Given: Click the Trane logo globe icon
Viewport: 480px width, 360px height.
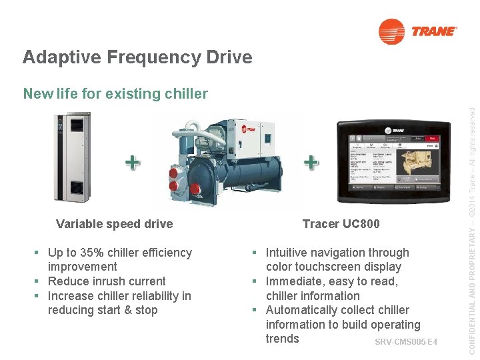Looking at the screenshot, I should pyautogui.click(x=391, y=31).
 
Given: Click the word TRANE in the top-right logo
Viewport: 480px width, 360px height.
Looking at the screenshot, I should pyautogui.click(x=435, y=31).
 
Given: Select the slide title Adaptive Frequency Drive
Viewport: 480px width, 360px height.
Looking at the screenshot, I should pyautogui.click(x=137, y=57).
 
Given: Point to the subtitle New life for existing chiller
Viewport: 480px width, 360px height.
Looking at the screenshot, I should pyautogui.click(x=115, y=94).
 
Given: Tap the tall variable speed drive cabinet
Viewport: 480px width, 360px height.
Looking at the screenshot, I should pyautogui.click(x=72, y=157).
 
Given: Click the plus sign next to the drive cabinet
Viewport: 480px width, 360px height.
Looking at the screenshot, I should pyautogui.click(x=133, y=162).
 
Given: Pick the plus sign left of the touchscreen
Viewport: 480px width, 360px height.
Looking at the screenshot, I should pyautogui.click(x=310, y=162).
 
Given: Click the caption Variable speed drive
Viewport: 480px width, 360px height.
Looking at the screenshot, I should pyautogui.click(x=114, y=224).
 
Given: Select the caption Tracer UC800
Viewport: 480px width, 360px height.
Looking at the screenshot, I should pyautogui.click(x=341, y=224).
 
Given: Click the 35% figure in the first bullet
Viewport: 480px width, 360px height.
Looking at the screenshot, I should pyautogui.click(x=96, y=253).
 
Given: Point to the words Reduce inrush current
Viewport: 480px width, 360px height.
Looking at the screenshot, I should pyautogui.click(x=107, y=281).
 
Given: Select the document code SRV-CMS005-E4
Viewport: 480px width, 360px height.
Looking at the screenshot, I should pyautogui.click(x=405, y=343).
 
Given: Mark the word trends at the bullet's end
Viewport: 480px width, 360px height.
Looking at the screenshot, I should pyautogui.click(x=283, y=339).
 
